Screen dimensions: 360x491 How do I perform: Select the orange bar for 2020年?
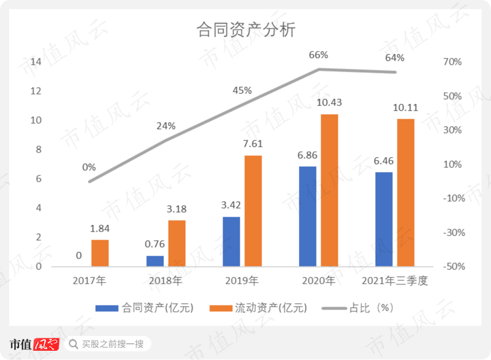click(329, 190)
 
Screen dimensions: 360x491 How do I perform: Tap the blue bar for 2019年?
click(231, 241)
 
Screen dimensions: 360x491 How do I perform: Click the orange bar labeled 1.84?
click(100, 253)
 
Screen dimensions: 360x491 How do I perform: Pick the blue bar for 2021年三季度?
click(384, 219)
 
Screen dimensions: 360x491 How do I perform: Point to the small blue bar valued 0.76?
click(155, 261)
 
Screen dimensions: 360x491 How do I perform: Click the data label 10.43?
click(329, 103)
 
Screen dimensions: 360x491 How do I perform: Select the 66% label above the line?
click(318, 56)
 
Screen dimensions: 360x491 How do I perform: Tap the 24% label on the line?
click(166, 126)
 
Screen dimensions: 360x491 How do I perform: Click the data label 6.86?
click(307, 155)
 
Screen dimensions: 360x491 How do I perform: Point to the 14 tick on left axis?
click(36, 62)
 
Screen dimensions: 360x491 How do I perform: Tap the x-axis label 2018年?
click(165, 281)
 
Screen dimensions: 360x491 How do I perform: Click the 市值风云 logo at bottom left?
click(34, 344)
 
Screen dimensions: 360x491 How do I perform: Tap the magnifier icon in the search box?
click(73, 344)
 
